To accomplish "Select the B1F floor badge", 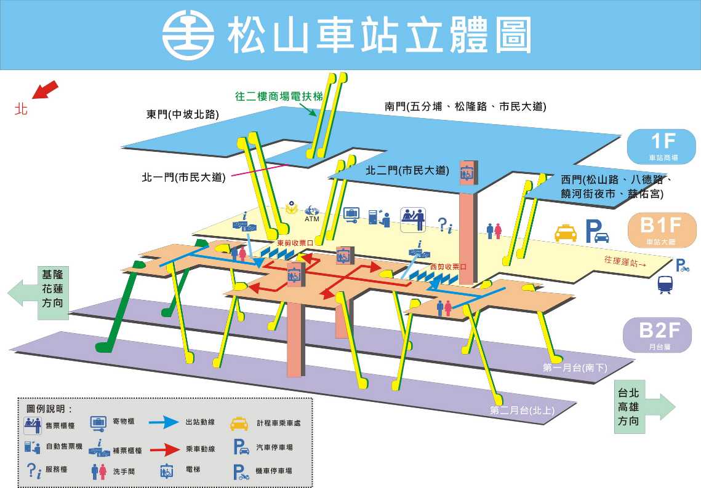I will (662, 230).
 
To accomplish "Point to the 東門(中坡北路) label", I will (183, 114).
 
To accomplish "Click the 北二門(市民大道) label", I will (407, 170).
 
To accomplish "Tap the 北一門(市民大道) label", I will (183, 178).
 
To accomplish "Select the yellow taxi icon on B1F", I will (566, 232).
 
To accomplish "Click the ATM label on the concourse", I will (311, 219).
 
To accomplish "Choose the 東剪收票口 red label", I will (295, 243).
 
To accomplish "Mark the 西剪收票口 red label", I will (448, 267).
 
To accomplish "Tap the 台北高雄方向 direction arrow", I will (644, 407).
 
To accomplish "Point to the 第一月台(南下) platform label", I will (575, 368).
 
